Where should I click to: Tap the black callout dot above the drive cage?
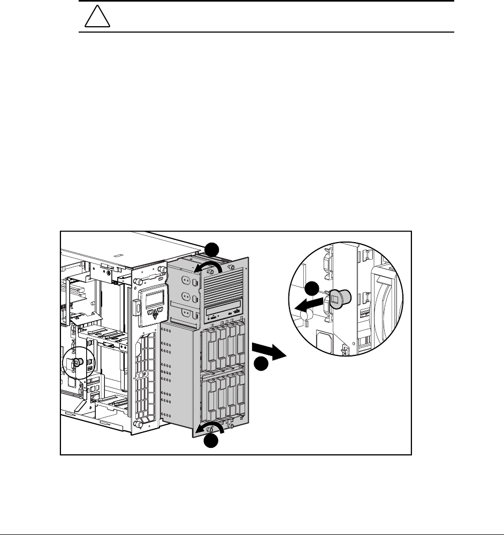(213, 249)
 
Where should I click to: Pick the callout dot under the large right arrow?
(261, 365)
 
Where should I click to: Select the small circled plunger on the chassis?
(77, 362)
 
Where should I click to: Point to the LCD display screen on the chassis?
(151, 299)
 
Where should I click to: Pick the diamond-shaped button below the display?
(156, 315)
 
